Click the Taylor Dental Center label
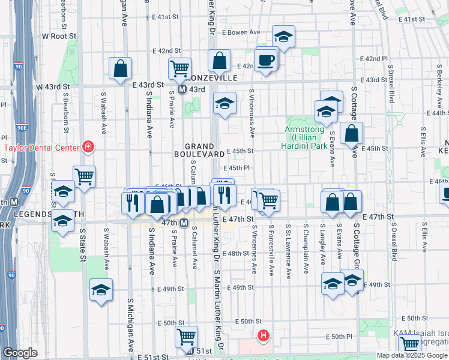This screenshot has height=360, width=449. pyautogui.click(x=41, y=148)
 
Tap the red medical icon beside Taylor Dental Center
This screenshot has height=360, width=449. pyautogui.click(x=89, y=146)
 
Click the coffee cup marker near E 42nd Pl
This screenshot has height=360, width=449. pyautogui.click(x=265, y=60)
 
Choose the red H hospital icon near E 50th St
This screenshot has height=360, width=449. pyautogui.click(x=262, y=336)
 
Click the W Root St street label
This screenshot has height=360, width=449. pyautogui.click(x=59, y=36)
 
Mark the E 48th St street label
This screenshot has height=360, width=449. pyautogui.click(x=235, y=253)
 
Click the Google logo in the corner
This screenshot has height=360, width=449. pyautogui.click(x=20, y=353)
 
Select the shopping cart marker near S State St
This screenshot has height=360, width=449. pyautogui.click(x=85, y=176)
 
